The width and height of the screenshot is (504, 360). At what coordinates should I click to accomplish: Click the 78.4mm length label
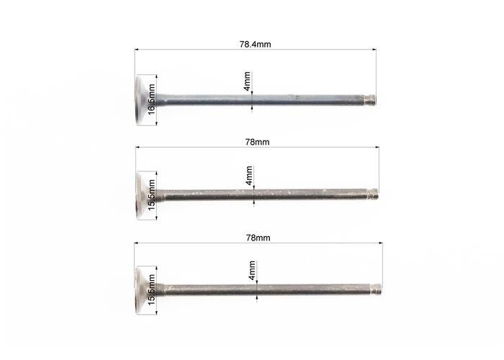pyautogui.click(x=255, y=44)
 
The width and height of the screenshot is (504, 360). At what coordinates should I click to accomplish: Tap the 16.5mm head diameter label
pyautogui.click(x=151, y=99)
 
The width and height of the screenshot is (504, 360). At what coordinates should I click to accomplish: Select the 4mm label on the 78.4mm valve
pyautogui.click(x=247, y=81)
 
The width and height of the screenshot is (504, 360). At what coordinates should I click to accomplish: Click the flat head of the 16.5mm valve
pyautogui.click(x=141, y=100)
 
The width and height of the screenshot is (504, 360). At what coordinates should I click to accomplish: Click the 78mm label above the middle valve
pyautogui.click(x=257, y=142)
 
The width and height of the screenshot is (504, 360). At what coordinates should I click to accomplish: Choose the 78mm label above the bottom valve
pyautogui.click(x=258, y=238)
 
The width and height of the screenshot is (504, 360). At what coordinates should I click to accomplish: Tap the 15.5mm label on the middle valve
pyautogui.click(x=151, y=195)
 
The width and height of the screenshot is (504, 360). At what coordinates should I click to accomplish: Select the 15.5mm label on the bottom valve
pyautogui.click(x=151, y=289)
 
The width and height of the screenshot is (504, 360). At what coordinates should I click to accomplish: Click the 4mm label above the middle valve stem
pyautogui.click(x=249, y=176)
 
